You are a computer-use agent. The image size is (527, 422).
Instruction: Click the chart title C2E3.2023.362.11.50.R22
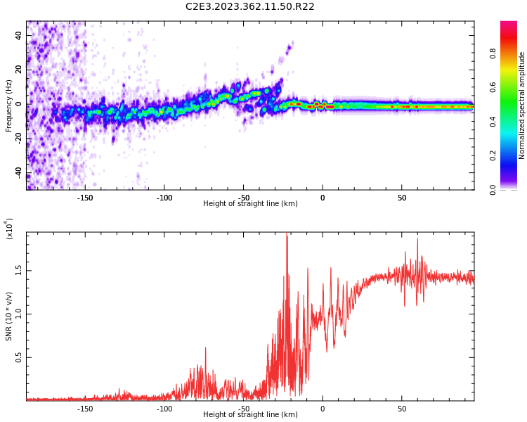point(250,6)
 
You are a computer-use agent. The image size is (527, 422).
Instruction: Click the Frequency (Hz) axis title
point(9,105)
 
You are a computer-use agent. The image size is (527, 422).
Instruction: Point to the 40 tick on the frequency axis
point(19,35)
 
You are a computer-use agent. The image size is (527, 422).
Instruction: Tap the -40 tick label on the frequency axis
point(18,174)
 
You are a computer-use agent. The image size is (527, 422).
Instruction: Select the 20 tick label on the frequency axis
point(19,70)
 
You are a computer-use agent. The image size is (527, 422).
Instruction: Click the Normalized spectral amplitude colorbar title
point(522,105)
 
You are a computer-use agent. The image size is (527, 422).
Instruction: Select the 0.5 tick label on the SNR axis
point(19,357)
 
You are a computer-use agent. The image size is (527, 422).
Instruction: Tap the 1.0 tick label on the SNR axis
point(19,314)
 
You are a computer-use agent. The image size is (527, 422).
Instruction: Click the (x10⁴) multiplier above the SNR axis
point(9,229)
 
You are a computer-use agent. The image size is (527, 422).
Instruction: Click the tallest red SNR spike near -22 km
point(287,236)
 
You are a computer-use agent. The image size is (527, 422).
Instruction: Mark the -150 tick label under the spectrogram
point(85,198)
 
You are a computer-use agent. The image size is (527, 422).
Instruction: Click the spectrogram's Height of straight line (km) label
point(250,204)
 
